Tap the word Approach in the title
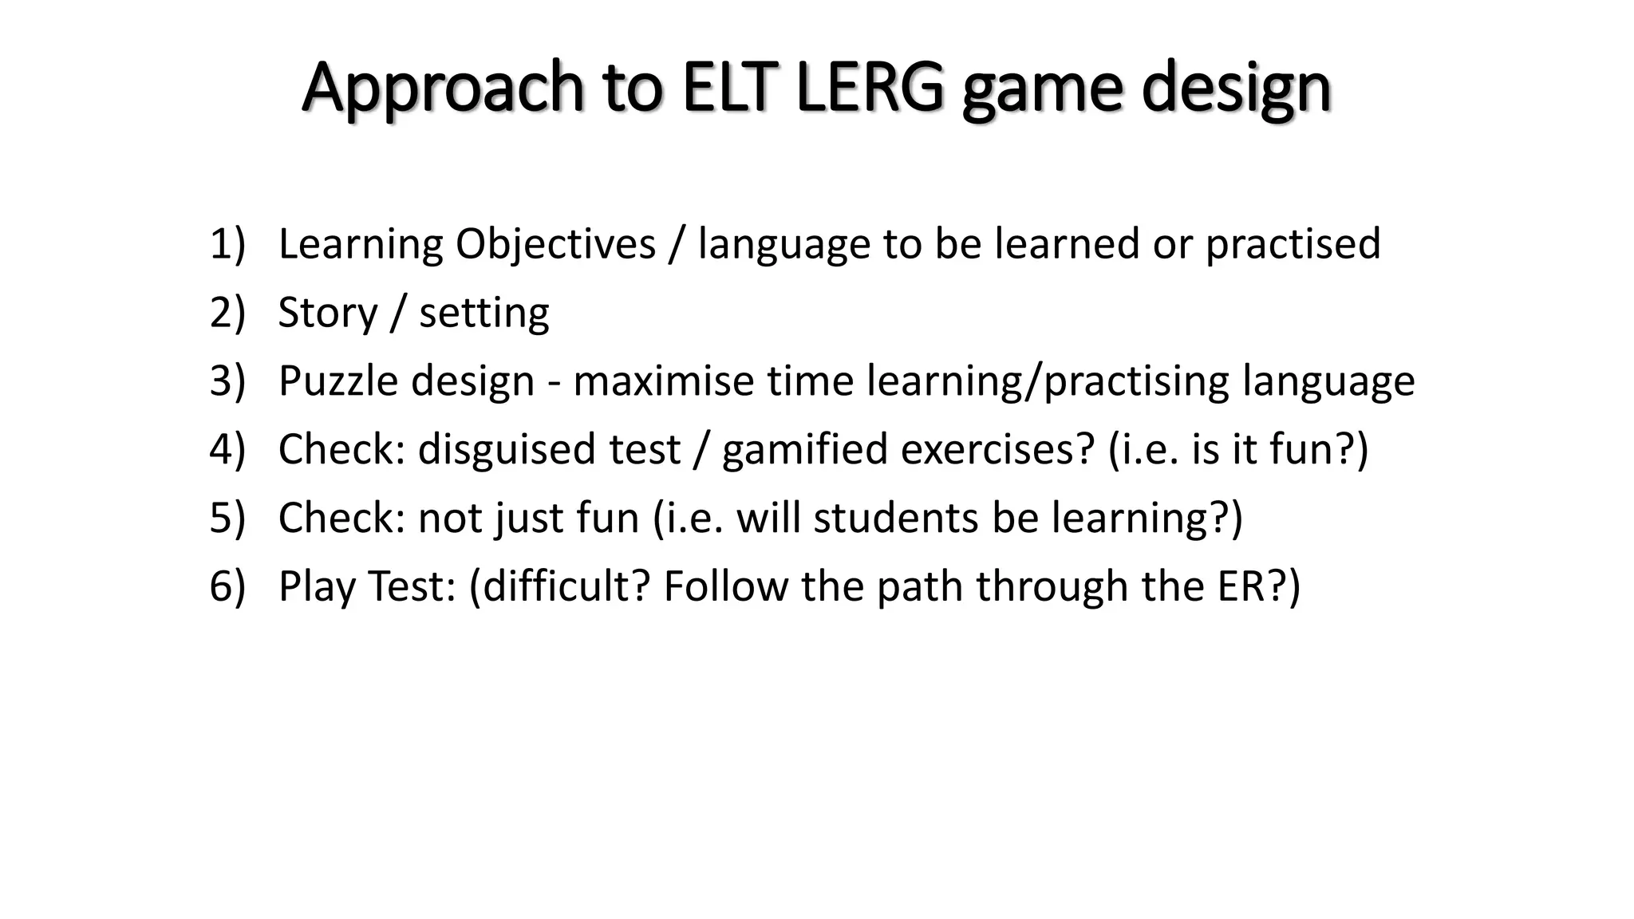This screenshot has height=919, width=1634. tap(444, 88)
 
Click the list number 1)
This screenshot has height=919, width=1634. tap(227, 243)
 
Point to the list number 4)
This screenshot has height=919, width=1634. tap(227, 449)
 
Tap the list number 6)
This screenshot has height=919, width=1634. tap(227, 586)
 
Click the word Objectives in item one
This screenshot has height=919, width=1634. tap(555, 245)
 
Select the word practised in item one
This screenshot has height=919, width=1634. tap(1293, 245)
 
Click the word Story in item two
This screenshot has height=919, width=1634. tap(327, 314)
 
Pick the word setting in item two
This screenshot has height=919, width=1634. tap(484, 314)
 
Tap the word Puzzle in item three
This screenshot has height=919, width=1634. tap(337, 381)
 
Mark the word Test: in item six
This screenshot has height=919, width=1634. tap(412, 586)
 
